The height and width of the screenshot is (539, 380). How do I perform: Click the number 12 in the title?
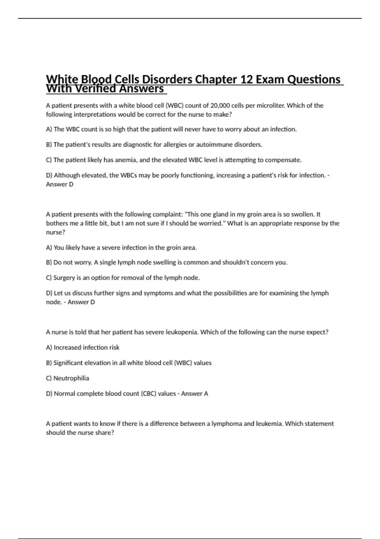(x=246, y=79)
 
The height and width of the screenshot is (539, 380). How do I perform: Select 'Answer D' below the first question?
(x=60, y=184)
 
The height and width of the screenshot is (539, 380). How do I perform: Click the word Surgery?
(x=64, y=278)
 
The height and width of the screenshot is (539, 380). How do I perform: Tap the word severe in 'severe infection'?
(x=111, y=248)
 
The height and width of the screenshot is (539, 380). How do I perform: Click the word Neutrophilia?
(x=71, y=378)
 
